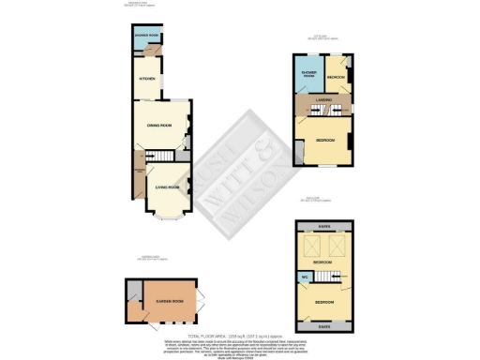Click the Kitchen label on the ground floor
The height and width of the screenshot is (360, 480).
(145, 80)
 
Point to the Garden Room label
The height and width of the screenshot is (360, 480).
(156, 301)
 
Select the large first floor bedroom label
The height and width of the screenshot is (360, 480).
(326, 139)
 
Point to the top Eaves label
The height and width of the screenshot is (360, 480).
(323, 225)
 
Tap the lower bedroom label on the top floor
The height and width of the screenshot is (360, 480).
(324, 302)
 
